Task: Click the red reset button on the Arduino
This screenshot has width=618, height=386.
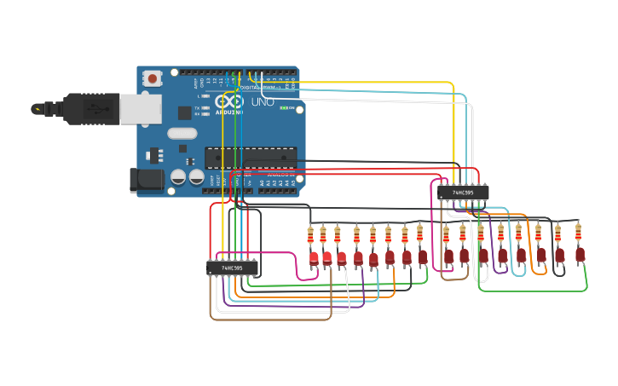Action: click(x=153, y=78)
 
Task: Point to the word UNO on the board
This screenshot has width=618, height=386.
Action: click(x=263, y=102)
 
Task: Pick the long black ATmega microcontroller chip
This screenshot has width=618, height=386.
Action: click(x=250, y=157)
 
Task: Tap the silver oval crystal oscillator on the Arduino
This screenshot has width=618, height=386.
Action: click(x=182, y=133)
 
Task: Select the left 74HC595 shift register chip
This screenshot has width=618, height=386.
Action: click(x=232, y=268)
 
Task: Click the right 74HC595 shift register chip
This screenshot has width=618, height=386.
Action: click(x=464, y=193)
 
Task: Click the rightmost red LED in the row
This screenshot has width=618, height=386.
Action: click(x=580, y=254)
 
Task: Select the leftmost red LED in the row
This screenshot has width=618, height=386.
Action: click(x=314, y=257)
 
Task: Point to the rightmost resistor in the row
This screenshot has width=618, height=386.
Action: click(x=578, y=231)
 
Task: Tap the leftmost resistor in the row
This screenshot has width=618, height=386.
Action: click(x=310, y=234)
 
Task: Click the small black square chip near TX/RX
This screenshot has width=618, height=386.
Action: click(x=184, y=112)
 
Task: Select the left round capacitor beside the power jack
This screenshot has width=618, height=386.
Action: click(x=178, y=177)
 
